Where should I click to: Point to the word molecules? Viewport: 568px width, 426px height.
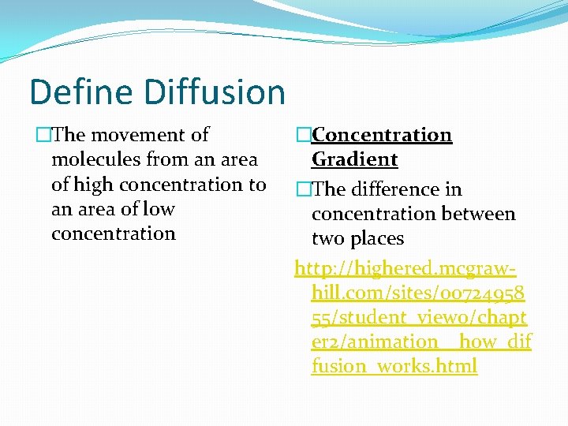pos(96,160)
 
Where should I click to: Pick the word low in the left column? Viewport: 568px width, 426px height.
pos(157,209)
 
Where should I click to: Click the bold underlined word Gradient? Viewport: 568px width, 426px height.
pos(354,159)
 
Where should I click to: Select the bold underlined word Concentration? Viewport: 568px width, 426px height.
pos(382,135)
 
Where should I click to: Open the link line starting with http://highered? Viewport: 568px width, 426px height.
pos(405,269)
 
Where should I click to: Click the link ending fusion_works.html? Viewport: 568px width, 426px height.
pos(394,367)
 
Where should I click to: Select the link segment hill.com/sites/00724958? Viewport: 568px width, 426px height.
pos(418,293)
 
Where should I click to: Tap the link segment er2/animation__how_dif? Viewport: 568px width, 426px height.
pos(421,342)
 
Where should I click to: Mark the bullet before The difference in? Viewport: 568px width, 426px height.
pos(303,189)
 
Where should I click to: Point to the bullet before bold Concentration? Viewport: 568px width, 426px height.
pos(303,135)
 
